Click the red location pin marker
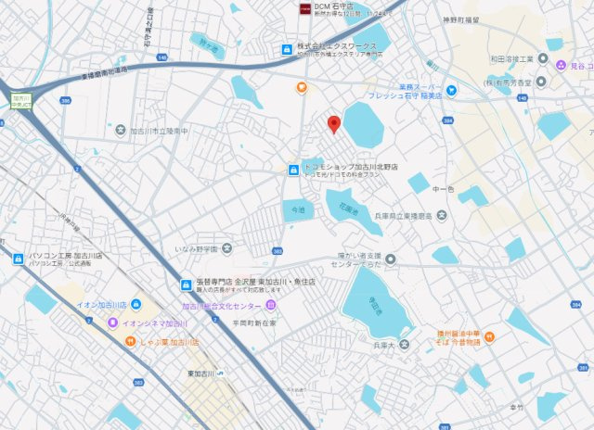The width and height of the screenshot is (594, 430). pos(334,123)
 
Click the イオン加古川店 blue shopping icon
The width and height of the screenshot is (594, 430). pos(136,304)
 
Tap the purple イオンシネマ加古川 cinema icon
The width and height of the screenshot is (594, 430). pos(112,322)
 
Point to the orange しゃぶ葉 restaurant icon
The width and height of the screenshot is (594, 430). pos(131,341)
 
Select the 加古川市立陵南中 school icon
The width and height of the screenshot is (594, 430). pos(120,131)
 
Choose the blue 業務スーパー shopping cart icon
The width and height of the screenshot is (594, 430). pos(451,90)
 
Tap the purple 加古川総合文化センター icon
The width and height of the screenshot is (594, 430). pos(271,304)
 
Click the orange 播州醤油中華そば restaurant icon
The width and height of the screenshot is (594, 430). pos(489,335)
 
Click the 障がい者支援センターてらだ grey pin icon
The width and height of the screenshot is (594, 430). pos(391,259)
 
